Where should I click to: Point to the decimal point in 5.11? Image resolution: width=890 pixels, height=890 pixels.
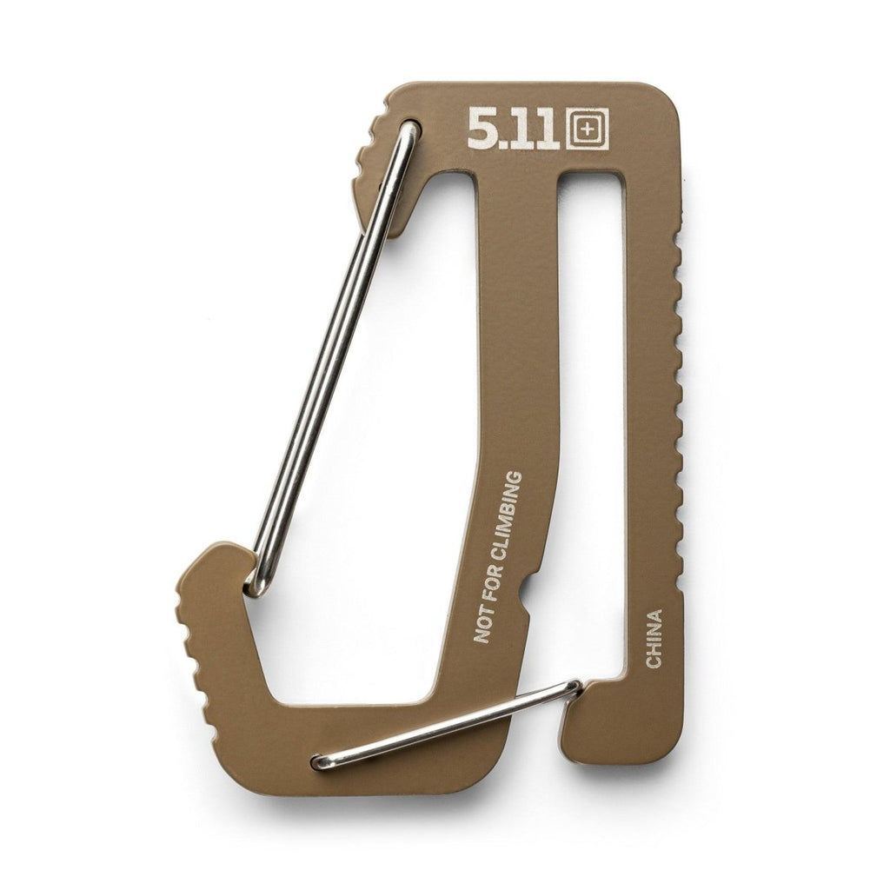click(503, 145)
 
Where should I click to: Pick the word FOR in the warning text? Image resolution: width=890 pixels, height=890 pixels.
click(493, 584)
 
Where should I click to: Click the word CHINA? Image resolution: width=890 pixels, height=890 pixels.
click(654, 639)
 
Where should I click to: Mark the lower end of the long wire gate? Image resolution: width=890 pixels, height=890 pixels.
click(256, 582)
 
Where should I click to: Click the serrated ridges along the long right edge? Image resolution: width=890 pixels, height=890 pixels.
click(679, 391)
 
